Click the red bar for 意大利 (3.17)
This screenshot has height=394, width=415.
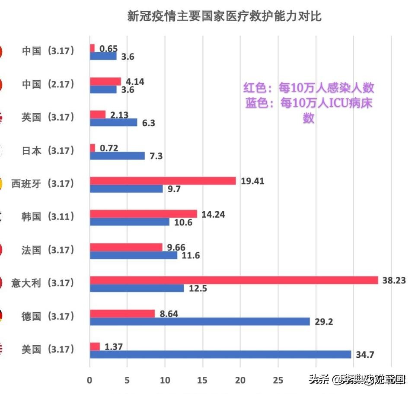(234, 280)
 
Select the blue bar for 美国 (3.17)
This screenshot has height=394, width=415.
(220, 355)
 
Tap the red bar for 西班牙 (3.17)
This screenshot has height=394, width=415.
(163, 181)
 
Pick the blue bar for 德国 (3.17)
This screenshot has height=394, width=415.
(200, 321)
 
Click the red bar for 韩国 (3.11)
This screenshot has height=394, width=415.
(144, 214)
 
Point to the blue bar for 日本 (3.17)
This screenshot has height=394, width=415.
(117, 156)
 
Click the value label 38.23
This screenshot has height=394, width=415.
(394, 280)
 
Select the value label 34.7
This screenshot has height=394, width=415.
(365, 355)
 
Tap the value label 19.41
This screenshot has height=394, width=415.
(252, 181)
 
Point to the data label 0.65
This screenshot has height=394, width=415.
(109, 48)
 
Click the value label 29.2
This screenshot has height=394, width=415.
(324, 322)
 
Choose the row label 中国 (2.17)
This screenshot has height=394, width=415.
(48, 84)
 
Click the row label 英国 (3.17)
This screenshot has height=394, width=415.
(48, 117)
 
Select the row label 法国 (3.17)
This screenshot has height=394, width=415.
(48, 250)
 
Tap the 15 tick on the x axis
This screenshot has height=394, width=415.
(202, 380)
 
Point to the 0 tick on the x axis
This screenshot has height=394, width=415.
(89, 380)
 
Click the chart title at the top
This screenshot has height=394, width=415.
(224, 16)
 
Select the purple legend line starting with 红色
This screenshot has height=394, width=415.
(308, 88)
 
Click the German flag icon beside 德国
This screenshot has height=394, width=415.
(2, 316)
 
